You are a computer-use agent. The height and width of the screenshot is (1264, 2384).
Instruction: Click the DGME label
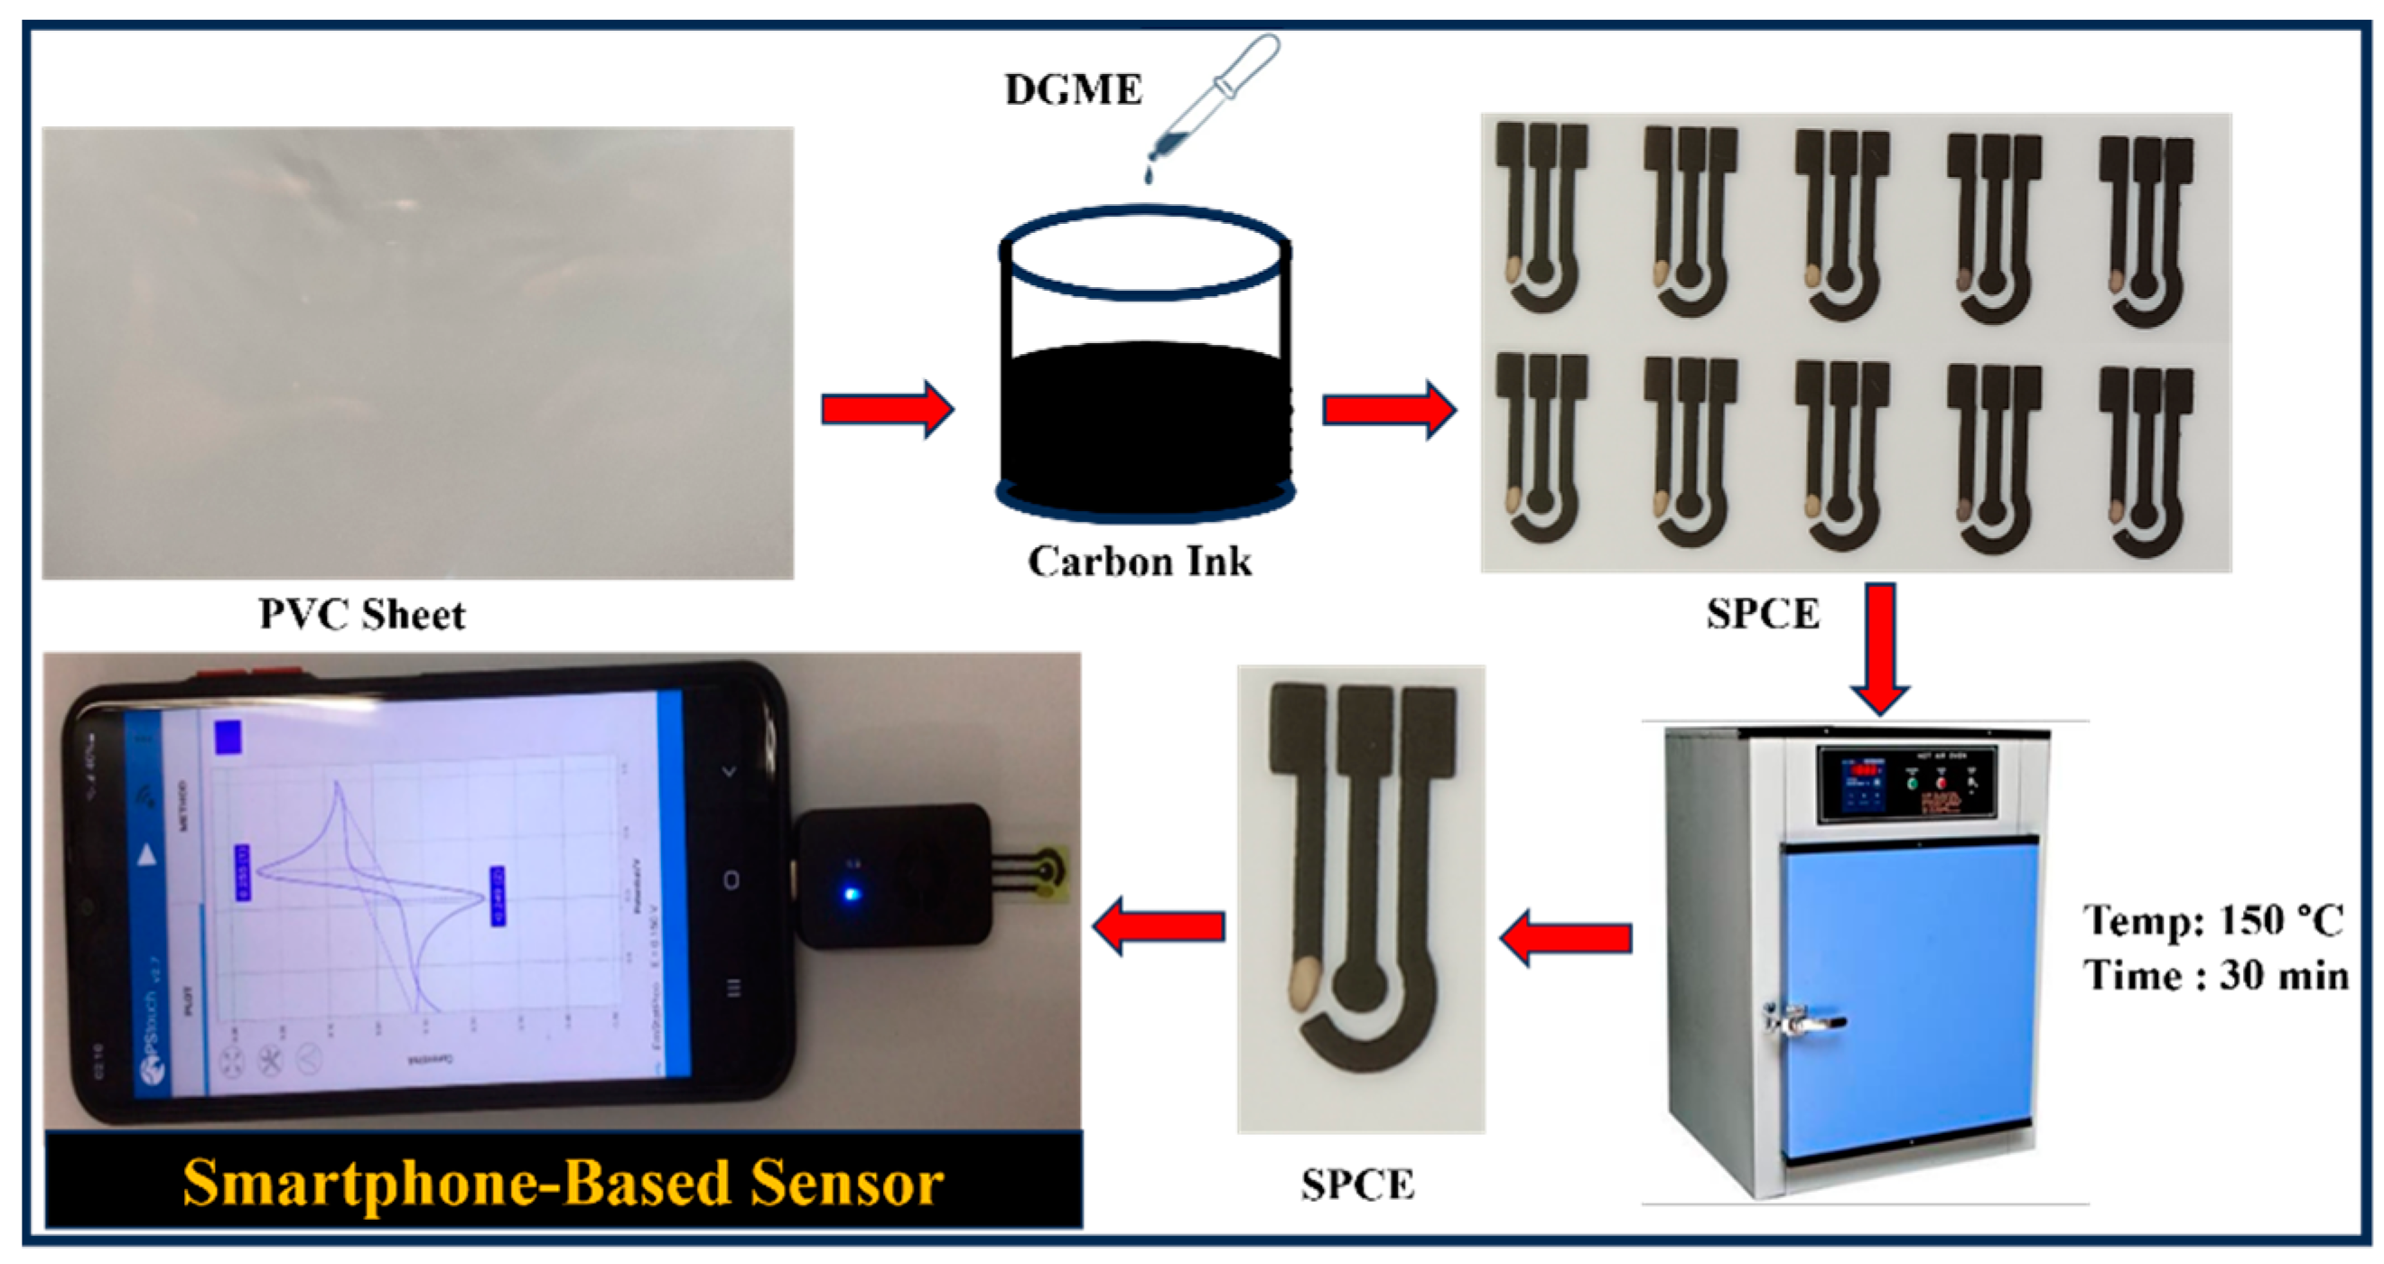point(1073,89)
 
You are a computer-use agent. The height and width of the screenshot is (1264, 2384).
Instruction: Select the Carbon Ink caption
point(1140,562)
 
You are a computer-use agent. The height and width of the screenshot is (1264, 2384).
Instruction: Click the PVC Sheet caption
point(362,615)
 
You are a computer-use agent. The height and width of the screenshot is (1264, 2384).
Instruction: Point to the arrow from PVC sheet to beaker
point(887,408)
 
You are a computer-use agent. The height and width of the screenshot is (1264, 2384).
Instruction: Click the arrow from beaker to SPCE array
point(1388,409)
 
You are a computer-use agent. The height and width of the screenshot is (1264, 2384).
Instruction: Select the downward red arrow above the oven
point(1879,646)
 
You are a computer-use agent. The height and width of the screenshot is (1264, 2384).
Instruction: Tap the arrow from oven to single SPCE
point(1566,937)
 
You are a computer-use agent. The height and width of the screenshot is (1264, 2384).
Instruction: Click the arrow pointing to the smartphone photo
point(1159,925)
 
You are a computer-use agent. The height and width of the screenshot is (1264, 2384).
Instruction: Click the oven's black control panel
point(1907,783)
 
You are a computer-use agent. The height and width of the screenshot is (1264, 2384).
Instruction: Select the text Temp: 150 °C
point(2212,921)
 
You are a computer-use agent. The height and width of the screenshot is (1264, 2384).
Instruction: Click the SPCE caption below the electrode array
point(1763,615)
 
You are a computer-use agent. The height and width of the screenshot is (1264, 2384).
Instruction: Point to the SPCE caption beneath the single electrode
point(1356,1185)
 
